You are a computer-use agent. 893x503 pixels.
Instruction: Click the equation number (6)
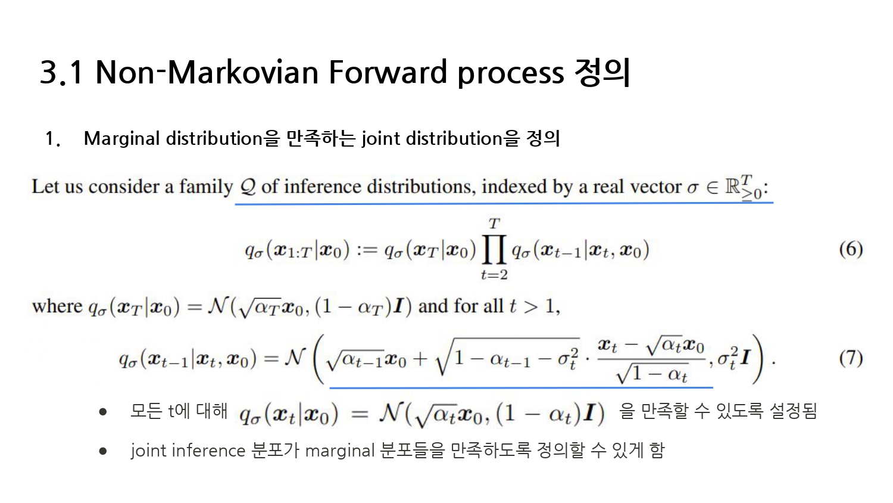tap(851, 249)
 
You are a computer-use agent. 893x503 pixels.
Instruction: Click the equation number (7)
tap(851, 358)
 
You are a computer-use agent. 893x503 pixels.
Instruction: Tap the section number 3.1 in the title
tap(61, 72)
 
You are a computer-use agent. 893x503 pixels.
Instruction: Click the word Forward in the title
tap(388, 72)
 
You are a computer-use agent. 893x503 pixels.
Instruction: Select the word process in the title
tap(511, 74)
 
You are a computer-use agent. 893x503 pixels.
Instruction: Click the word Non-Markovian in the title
tap(207, 72)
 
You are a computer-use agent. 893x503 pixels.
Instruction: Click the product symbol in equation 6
tap(494, 250)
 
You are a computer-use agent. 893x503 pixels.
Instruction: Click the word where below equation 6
tap(57, 306)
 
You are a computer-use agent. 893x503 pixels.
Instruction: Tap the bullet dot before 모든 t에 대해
tap(103, 412)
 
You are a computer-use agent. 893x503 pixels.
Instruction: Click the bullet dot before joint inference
tap(103, 451)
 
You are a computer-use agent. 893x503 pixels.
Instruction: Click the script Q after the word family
tap(248, 187)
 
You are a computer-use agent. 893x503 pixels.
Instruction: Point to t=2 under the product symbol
tap(494, 275)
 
